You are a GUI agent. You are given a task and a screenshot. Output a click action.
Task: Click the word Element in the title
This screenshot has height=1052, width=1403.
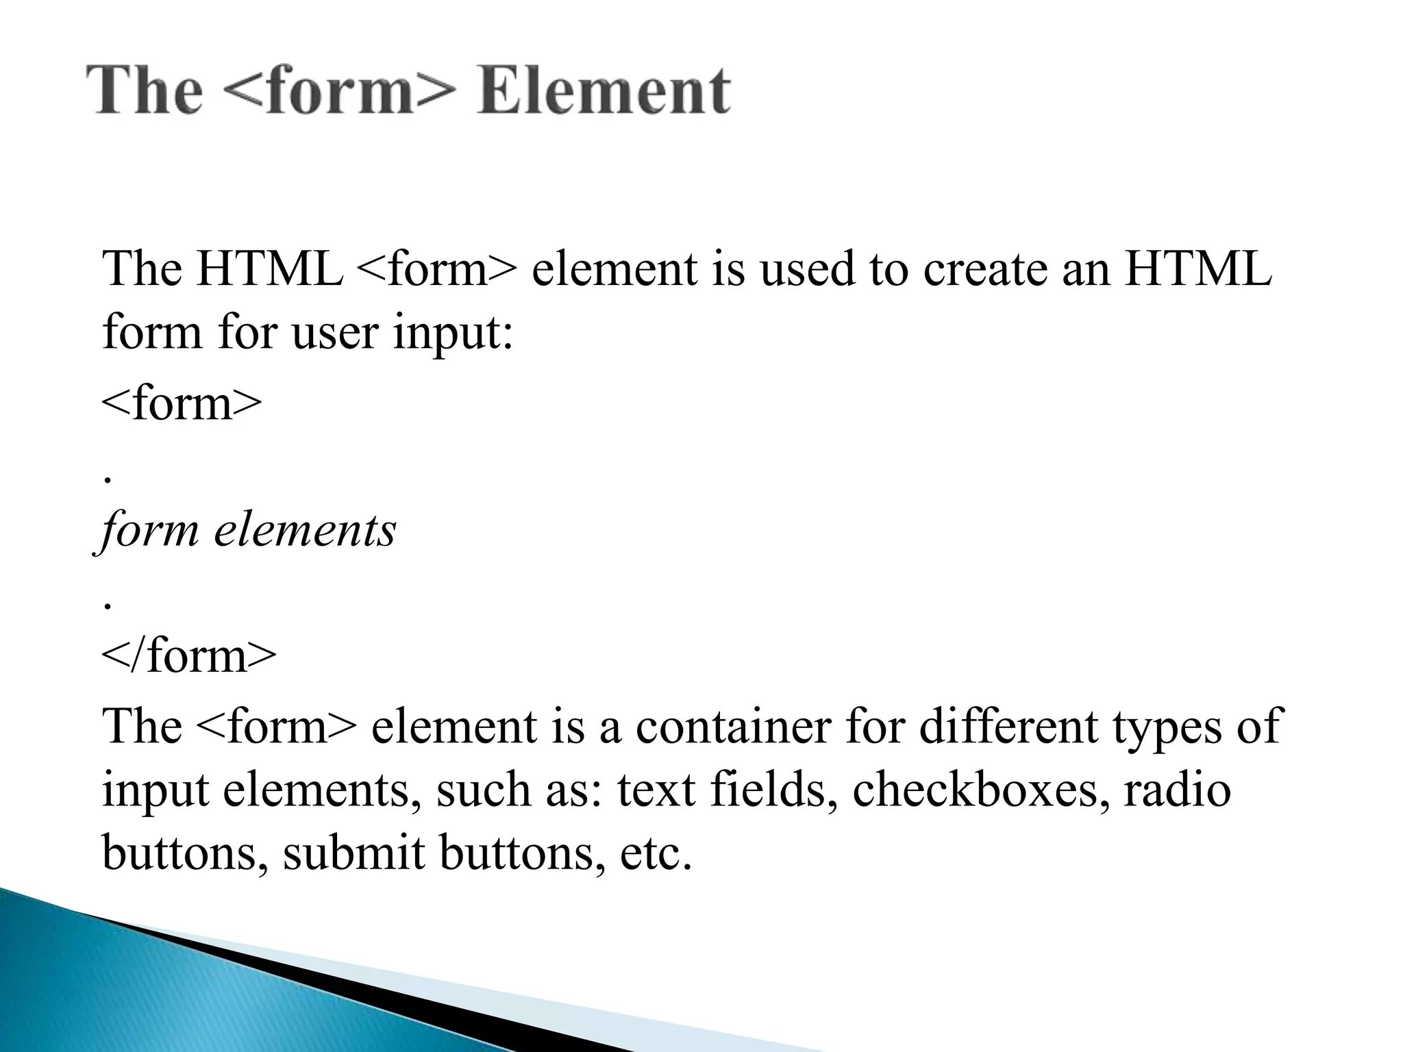(x=604, y=90)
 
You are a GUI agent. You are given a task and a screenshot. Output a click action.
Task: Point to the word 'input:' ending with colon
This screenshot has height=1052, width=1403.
(x=453, y=333)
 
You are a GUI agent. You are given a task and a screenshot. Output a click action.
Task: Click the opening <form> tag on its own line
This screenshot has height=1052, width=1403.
(x=182, y=403)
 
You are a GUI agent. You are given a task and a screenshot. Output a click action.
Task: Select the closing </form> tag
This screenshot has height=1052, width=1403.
(x=189, y=655)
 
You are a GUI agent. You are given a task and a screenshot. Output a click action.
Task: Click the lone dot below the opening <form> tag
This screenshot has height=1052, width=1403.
(x=106, y=479)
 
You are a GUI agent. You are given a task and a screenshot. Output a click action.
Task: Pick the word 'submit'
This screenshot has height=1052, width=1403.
(x=353, y=853)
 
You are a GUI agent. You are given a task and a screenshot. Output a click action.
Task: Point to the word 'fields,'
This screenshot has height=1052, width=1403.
(x=774, y=790)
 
